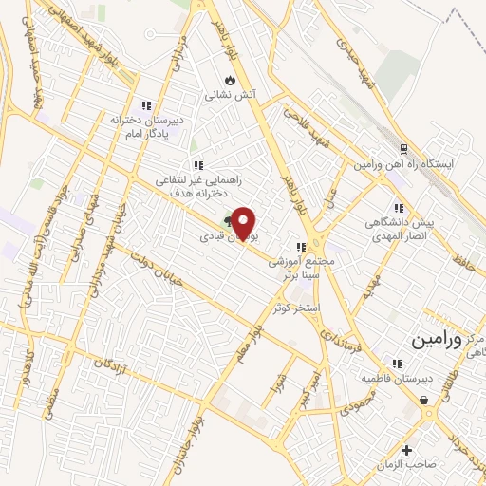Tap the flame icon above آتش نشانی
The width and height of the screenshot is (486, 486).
pos(229,80)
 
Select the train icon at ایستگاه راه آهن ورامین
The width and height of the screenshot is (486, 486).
pos(402,149)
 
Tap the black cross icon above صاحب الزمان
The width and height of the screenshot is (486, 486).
pos(407,449)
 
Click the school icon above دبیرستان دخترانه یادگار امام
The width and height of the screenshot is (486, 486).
pos(145,105)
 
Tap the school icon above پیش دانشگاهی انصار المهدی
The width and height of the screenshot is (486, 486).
pos(399,207)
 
